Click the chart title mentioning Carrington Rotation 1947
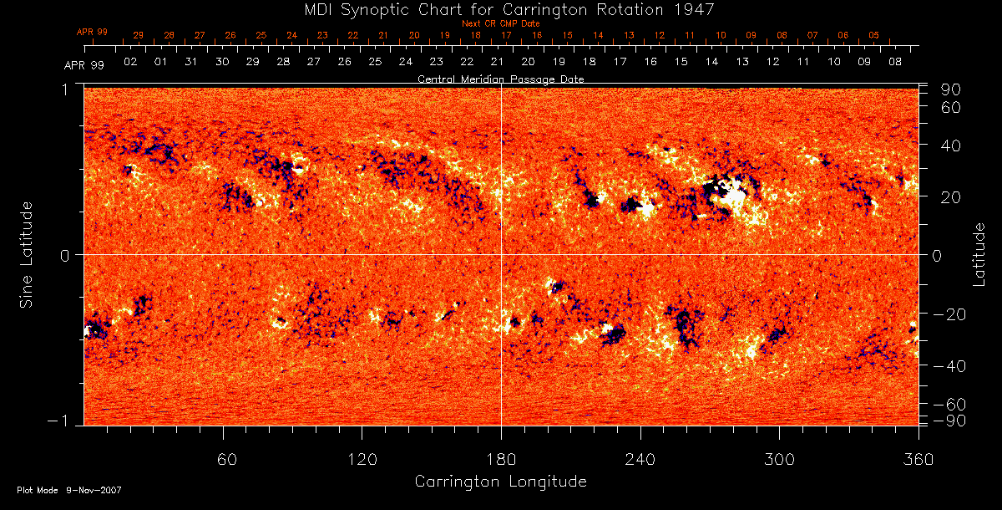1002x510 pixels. [x=501, y=9]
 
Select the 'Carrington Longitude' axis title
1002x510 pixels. [x=500, y=482]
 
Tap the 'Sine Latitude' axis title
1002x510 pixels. [x=28, y=254]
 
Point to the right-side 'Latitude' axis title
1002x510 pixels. [x=980, y=254]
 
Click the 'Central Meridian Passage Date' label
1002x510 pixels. [x=500, y=79]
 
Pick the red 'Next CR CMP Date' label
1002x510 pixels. [x=501, y=23]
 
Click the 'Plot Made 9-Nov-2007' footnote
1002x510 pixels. [x=69, y=490]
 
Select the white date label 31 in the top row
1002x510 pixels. [x=191, y=62]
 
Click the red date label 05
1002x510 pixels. [x=873, y=35]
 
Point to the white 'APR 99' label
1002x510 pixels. [x=83, y=65]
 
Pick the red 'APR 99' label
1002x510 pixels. [x=94, y=32]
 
